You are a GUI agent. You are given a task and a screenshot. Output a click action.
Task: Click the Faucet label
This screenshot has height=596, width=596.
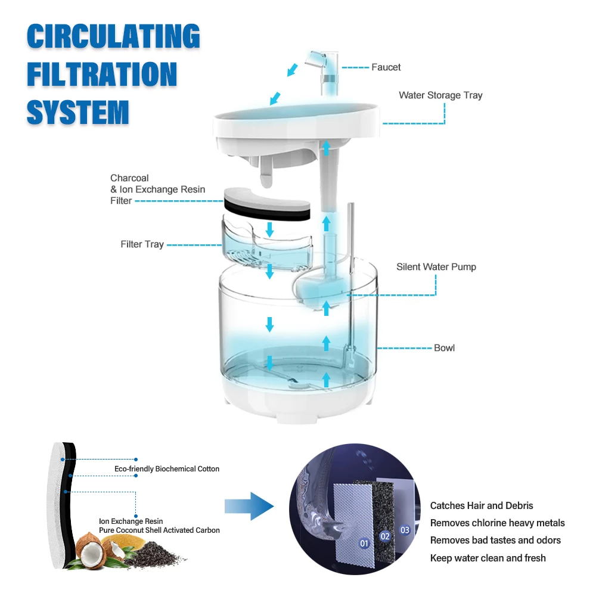(x=386, y=67)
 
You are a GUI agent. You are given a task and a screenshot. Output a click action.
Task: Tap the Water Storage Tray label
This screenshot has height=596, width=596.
(x=440, y=95)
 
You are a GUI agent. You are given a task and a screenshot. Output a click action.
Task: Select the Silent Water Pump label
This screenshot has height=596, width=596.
(x=436, y=267)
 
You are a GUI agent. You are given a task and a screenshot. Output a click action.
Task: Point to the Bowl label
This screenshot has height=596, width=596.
(x=444, y=347)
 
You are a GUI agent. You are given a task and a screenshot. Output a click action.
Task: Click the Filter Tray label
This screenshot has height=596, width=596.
(x=142, y=244)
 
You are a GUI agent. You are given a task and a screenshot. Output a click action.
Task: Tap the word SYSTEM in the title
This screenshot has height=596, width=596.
(x=78, y=112)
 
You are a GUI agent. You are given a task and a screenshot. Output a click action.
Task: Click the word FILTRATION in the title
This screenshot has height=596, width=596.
(x=102, y=74)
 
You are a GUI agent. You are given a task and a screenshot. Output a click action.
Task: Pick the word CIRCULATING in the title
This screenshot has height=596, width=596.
(x=113, y=37)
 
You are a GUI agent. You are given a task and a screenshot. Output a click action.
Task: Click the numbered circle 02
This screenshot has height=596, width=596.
(x=385, y=536)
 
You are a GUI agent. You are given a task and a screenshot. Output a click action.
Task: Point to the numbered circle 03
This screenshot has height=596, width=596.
(x=405, y=529)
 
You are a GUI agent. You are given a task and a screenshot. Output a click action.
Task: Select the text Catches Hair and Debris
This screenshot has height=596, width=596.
(x=482, y=506)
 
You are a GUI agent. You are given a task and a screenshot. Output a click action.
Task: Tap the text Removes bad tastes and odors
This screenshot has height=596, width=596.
(x=495, y=541)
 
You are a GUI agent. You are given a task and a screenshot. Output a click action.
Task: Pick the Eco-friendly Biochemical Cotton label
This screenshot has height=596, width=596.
(x=167, y=469)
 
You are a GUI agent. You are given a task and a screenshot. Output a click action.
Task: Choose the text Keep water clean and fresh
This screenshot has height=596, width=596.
(x=488, y=558)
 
